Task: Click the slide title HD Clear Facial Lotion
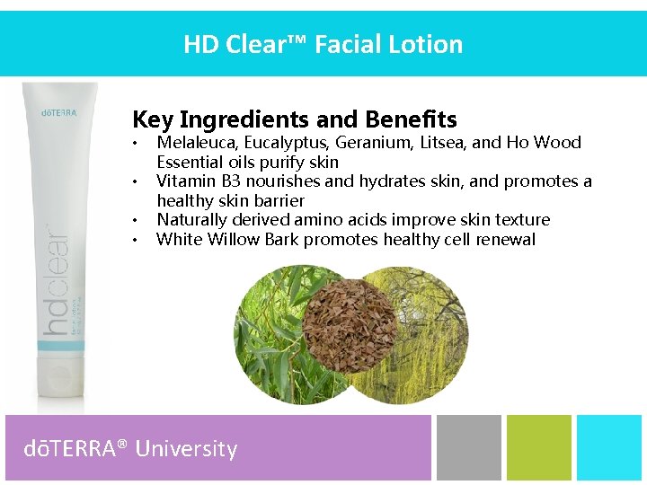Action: tap(323, 44)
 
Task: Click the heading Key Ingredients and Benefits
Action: tap(294, 119)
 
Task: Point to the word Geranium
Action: tap(372, 142)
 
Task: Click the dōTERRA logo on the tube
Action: tap(59, 113)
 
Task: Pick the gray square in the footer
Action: tap(468, 447)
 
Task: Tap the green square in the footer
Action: tap(538, 447)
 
